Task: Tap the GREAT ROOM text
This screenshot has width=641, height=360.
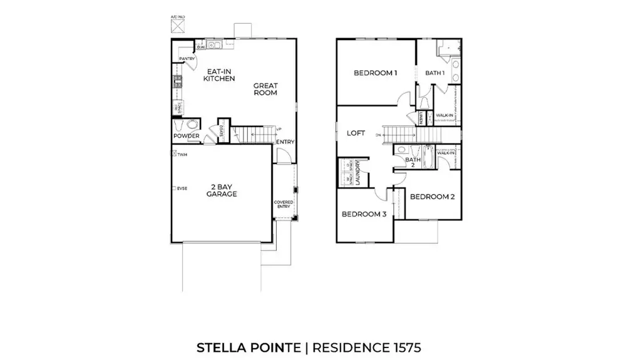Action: coord(265,89)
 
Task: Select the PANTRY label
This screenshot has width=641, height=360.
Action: coord(187,59)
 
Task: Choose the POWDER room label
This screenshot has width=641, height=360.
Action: coord(186,136)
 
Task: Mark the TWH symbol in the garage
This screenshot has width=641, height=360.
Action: coord(182,154)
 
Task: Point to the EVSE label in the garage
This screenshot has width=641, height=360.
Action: coord(182,188)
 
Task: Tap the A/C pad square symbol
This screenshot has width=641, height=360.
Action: coord(178,26)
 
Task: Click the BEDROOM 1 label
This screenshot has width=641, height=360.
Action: coord(376,73)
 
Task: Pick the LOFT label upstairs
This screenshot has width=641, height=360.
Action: coord(356,133)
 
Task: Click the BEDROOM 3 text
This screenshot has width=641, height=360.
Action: coord(363,214)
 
